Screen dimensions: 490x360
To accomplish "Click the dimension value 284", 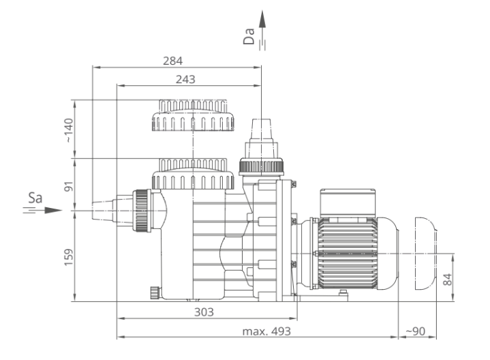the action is coord(173,61).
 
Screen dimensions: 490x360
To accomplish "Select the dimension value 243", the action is coord(185,80).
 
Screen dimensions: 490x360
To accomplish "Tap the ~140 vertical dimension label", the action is coord(68,130).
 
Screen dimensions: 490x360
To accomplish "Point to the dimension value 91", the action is coord(68,186).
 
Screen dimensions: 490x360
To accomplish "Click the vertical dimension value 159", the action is coord(68,258).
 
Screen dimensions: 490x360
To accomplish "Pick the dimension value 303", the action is coord(204,312).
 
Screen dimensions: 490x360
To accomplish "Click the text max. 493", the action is coord(266,331).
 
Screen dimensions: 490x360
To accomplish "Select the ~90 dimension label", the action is coord(415,331).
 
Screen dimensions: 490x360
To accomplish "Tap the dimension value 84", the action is coord(448,280).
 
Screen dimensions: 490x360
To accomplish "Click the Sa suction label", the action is coord(35,198).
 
